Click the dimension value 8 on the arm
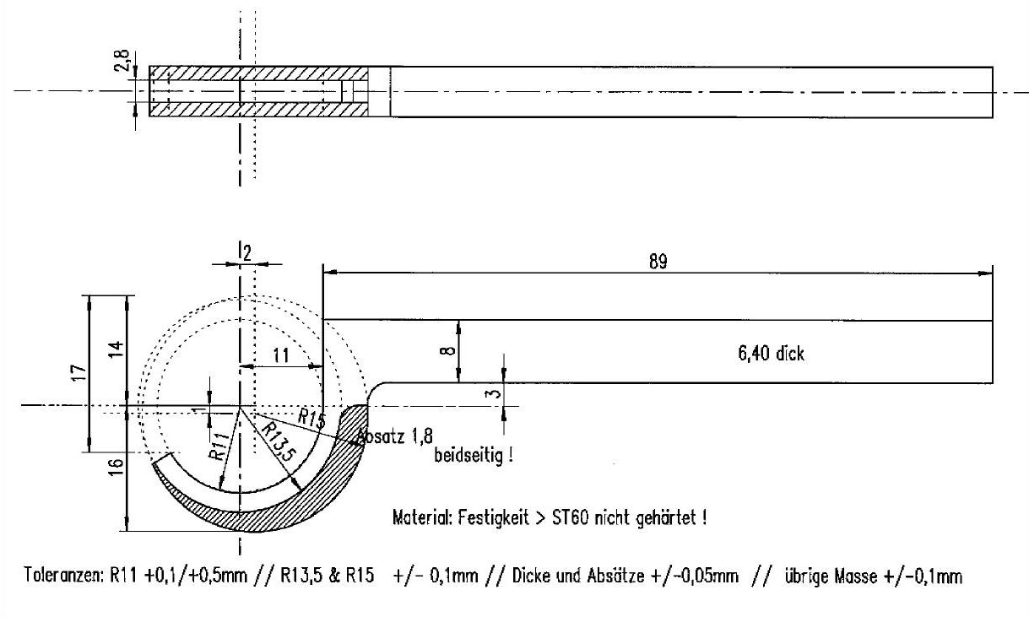point(449,350)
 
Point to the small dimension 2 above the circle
point(247,251)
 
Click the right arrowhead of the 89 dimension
point(987,273)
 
